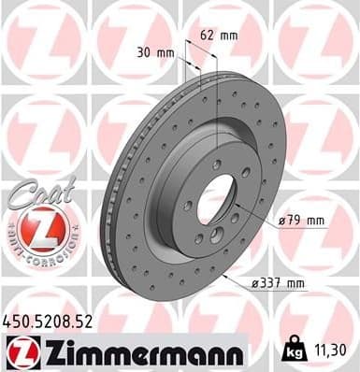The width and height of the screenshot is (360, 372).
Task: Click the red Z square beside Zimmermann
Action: click(21, 354)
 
